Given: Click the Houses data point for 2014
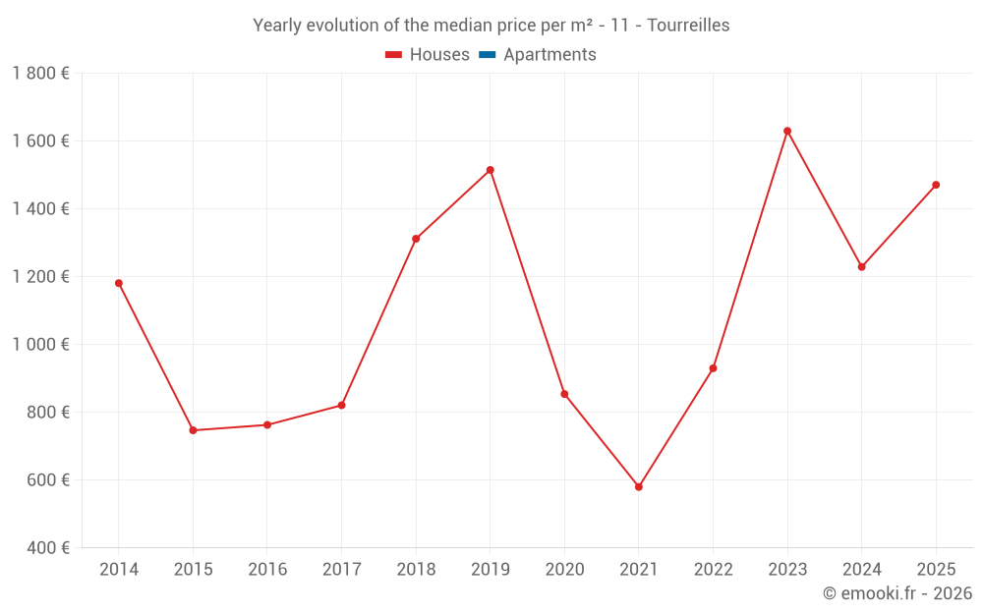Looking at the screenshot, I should pos(119,283).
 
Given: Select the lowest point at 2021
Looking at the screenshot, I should pos(639,486).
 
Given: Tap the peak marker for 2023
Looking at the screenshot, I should pos(787,131).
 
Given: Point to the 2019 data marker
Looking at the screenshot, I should pos(491,170).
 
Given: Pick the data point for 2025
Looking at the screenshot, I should pos(936,185).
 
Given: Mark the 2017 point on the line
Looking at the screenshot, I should pos(341,405).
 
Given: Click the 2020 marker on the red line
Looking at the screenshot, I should pos(564,394).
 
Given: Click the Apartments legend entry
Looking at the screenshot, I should pos(549,55).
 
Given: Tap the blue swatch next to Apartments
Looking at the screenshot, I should pos(488,55).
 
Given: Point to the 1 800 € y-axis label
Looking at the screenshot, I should pos(40,73).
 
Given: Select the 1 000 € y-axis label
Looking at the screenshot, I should pos(40,344).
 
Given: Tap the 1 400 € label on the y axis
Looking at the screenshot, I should pos(40,208).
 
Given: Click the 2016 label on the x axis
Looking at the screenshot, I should pos(267,570).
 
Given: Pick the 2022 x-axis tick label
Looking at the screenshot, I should pos(713,570).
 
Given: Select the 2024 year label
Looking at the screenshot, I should pos(861,570).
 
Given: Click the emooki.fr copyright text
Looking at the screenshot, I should pos(897,593).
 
